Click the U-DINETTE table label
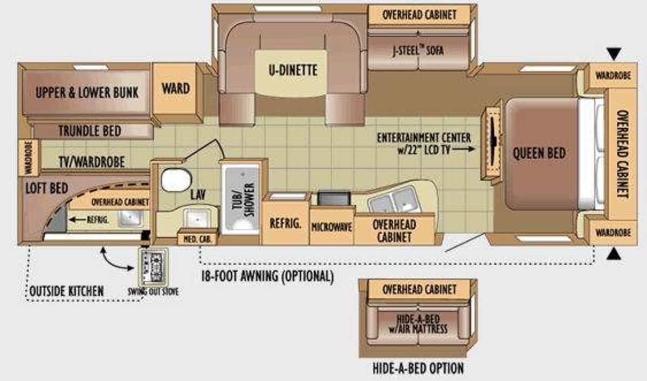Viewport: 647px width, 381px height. (x=293, y=70)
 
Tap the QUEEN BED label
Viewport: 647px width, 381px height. (x=539, y=153)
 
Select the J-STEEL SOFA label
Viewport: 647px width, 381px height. (x=418, y=51)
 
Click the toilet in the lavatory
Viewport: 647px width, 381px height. (x=176, y=180)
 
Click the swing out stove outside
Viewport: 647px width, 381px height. (x=153, y=267)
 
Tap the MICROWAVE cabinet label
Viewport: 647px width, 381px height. (x=332, y=227)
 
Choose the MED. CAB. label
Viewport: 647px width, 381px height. (x=197, y=240)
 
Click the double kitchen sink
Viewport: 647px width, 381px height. (x=395, y=200)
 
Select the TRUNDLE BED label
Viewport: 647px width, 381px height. (x=90, y=131)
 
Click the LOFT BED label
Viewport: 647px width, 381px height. (x=47, y=188)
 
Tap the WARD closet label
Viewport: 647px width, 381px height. (x=176, y=88)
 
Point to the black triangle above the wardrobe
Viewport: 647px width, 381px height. (x=614, y=54)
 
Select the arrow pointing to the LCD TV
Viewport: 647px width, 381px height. (x=463, y=149)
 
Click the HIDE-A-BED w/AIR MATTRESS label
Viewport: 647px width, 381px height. (x=418, y=324)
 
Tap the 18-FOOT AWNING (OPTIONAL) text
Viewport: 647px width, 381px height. (x=267, y=276)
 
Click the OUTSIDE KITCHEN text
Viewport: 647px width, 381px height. (x=67, y=291)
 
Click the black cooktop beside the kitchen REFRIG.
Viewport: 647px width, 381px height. (x=334, y=198)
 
